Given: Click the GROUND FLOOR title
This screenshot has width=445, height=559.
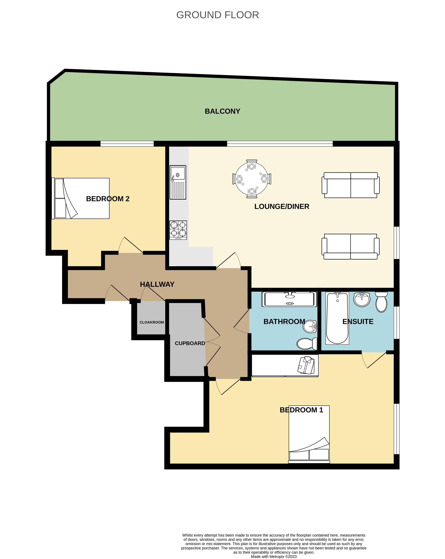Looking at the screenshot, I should pos(217,15).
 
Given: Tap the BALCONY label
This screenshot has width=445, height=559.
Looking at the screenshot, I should pos(222,111).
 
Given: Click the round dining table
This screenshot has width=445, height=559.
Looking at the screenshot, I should pos(251,179).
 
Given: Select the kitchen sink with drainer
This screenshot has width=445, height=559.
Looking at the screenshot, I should pos(178,182).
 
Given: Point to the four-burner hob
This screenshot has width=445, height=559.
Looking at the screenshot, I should pos(178,230).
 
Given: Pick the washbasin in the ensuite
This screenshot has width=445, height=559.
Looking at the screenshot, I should pos(362,300).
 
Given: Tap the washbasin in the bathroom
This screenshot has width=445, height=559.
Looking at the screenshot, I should pos(310,326).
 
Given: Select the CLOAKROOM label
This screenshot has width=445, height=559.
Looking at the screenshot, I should pos(152,322).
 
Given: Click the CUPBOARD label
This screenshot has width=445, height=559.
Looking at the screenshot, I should pos(190,343).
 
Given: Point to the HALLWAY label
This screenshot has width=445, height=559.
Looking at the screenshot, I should pos(157,284).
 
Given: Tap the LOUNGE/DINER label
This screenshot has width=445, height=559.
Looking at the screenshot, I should pos(282,206).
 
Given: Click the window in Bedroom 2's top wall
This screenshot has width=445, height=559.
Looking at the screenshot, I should pos(127,144).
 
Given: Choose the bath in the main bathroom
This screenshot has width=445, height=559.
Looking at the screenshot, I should pos(289,300).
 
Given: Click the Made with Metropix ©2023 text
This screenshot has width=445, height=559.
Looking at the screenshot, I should pos(274,556).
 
